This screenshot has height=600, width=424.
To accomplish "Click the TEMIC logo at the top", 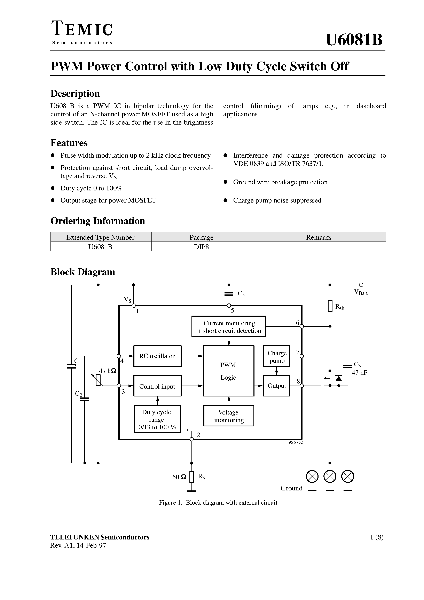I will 82,29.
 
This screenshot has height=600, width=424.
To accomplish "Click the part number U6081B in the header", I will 354,40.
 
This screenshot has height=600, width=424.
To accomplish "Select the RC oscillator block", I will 157,356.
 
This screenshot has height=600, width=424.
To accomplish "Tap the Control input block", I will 157,386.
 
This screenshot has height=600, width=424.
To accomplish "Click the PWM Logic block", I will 228,371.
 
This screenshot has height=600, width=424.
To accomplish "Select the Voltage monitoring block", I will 228,416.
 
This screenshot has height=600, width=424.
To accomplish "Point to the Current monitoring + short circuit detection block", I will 229,327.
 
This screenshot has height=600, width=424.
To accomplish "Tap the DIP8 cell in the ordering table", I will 202,247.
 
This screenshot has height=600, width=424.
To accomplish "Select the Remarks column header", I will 319,237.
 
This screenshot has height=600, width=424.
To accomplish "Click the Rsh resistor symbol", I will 330,306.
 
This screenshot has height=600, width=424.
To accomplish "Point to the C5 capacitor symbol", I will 229,294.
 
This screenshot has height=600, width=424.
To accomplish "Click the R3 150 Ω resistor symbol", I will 192,477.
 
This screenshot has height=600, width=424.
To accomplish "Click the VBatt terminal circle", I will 361,285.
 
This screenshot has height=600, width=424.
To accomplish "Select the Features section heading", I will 69,143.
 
